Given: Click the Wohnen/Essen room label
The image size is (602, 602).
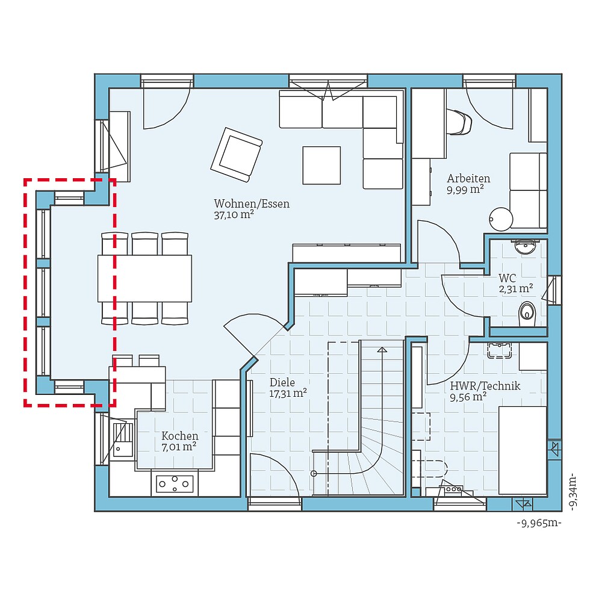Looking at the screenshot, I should (252, 203).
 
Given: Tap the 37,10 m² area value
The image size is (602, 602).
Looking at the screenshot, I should (234, 215).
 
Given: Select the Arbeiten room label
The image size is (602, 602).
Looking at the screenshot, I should (468, 179).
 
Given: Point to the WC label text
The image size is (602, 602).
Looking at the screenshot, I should (507, 279).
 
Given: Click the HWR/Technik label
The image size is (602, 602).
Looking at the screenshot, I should (485, 386).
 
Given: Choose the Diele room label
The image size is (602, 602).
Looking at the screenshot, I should (282, 382).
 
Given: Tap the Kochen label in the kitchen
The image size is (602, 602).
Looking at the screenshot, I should (179, 436).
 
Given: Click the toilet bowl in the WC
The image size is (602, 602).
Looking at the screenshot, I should (527, 312).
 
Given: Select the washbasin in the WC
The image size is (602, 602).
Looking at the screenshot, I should (526, 246).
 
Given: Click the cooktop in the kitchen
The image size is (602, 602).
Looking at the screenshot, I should (175, 483).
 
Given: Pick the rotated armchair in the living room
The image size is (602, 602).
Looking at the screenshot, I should (236, 155).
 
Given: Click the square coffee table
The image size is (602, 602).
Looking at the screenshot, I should (321, 165).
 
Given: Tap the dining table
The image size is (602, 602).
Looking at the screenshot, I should (144, 278).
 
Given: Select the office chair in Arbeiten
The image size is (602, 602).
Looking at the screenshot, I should (461, 122).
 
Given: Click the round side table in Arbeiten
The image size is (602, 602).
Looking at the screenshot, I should (500, 219).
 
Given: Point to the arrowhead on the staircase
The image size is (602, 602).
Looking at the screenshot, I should (382, 350).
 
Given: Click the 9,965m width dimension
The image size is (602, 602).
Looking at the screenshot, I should (539, 523).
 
